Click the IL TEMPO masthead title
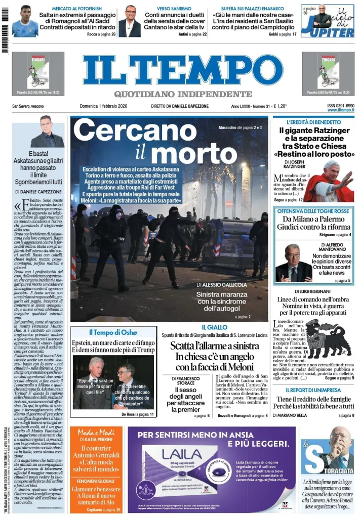click(182, 70)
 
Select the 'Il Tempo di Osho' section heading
click(112, 332)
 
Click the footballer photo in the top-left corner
click(25, 21)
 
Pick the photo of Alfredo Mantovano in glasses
click(294, 263)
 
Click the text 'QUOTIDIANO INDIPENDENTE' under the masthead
click(182, 94)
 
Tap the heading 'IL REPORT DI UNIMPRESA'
click(313, 390)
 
